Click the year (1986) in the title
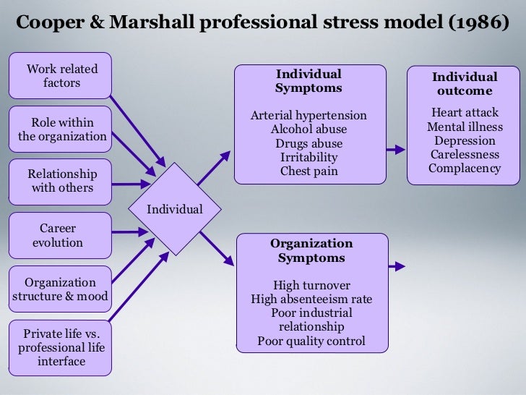click(x=474, y=22)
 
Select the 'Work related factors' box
click(x=61, y=76)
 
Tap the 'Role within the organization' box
click(x=61, y=129)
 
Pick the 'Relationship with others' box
click(x=61, y=181)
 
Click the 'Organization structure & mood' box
click(x=61, y=289)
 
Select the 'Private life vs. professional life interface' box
click(x=61, y=347)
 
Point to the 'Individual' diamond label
click(x=175, y=210)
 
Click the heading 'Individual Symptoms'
click(x=309, y=81)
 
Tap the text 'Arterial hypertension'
click(x=309, y=116)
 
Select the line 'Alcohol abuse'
click(x=309, y=129)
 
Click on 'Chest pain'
click(x=309, y=171)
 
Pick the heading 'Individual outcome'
click(x=465, y=84)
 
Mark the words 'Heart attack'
click(x=465, y=113)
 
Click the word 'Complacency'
click(x=465, y=169)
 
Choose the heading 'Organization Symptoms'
click(x=311, y=250)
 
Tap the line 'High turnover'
click(x=311, y=285)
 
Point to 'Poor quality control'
click(x=311, y=341)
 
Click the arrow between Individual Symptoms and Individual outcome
click(x=396, y=150)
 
